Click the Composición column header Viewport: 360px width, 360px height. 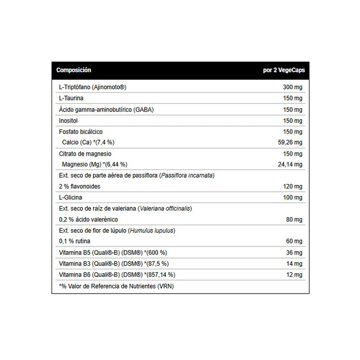[73, 70]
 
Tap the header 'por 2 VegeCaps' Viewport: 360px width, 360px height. [284, 70]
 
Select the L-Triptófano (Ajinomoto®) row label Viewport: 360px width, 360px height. [93, 87]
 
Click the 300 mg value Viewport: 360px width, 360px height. [293, 87]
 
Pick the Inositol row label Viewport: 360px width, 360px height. [68, 121]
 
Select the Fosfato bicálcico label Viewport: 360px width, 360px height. [81, 132]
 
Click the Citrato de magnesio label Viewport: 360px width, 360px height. [85, 154]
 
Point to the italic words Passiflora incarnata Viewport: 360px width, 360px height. [187, 176]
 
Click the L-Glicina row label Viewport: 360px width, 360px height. [70, 198]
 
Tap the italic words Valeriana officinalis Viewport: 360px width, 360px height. [165, 208]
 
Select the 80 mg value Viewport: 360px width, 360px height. [294, 220]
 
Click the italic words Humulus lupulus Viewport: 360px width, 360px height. [153, 230]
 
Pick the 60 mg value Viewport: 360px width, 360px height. [294, 241]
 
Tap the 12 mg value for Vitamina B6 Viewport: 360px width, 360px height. [294, 275]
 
